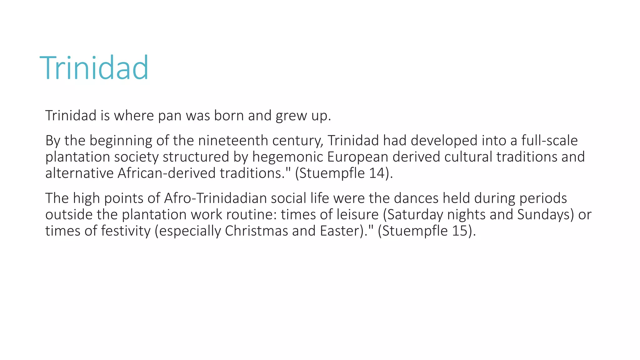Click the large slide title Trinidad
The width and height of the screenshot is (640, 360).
click(94, 68)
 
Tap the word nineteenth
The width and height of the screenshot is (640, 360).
click(233, 141)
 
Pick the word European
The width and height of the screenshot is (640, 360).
click(357, 157)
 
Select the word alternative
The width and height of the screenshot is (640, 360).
click(79, 173)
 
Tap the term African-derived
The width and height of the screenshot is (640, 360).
click(166, 173)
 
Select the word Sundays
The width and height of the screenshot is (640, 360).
click(544, 215)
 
